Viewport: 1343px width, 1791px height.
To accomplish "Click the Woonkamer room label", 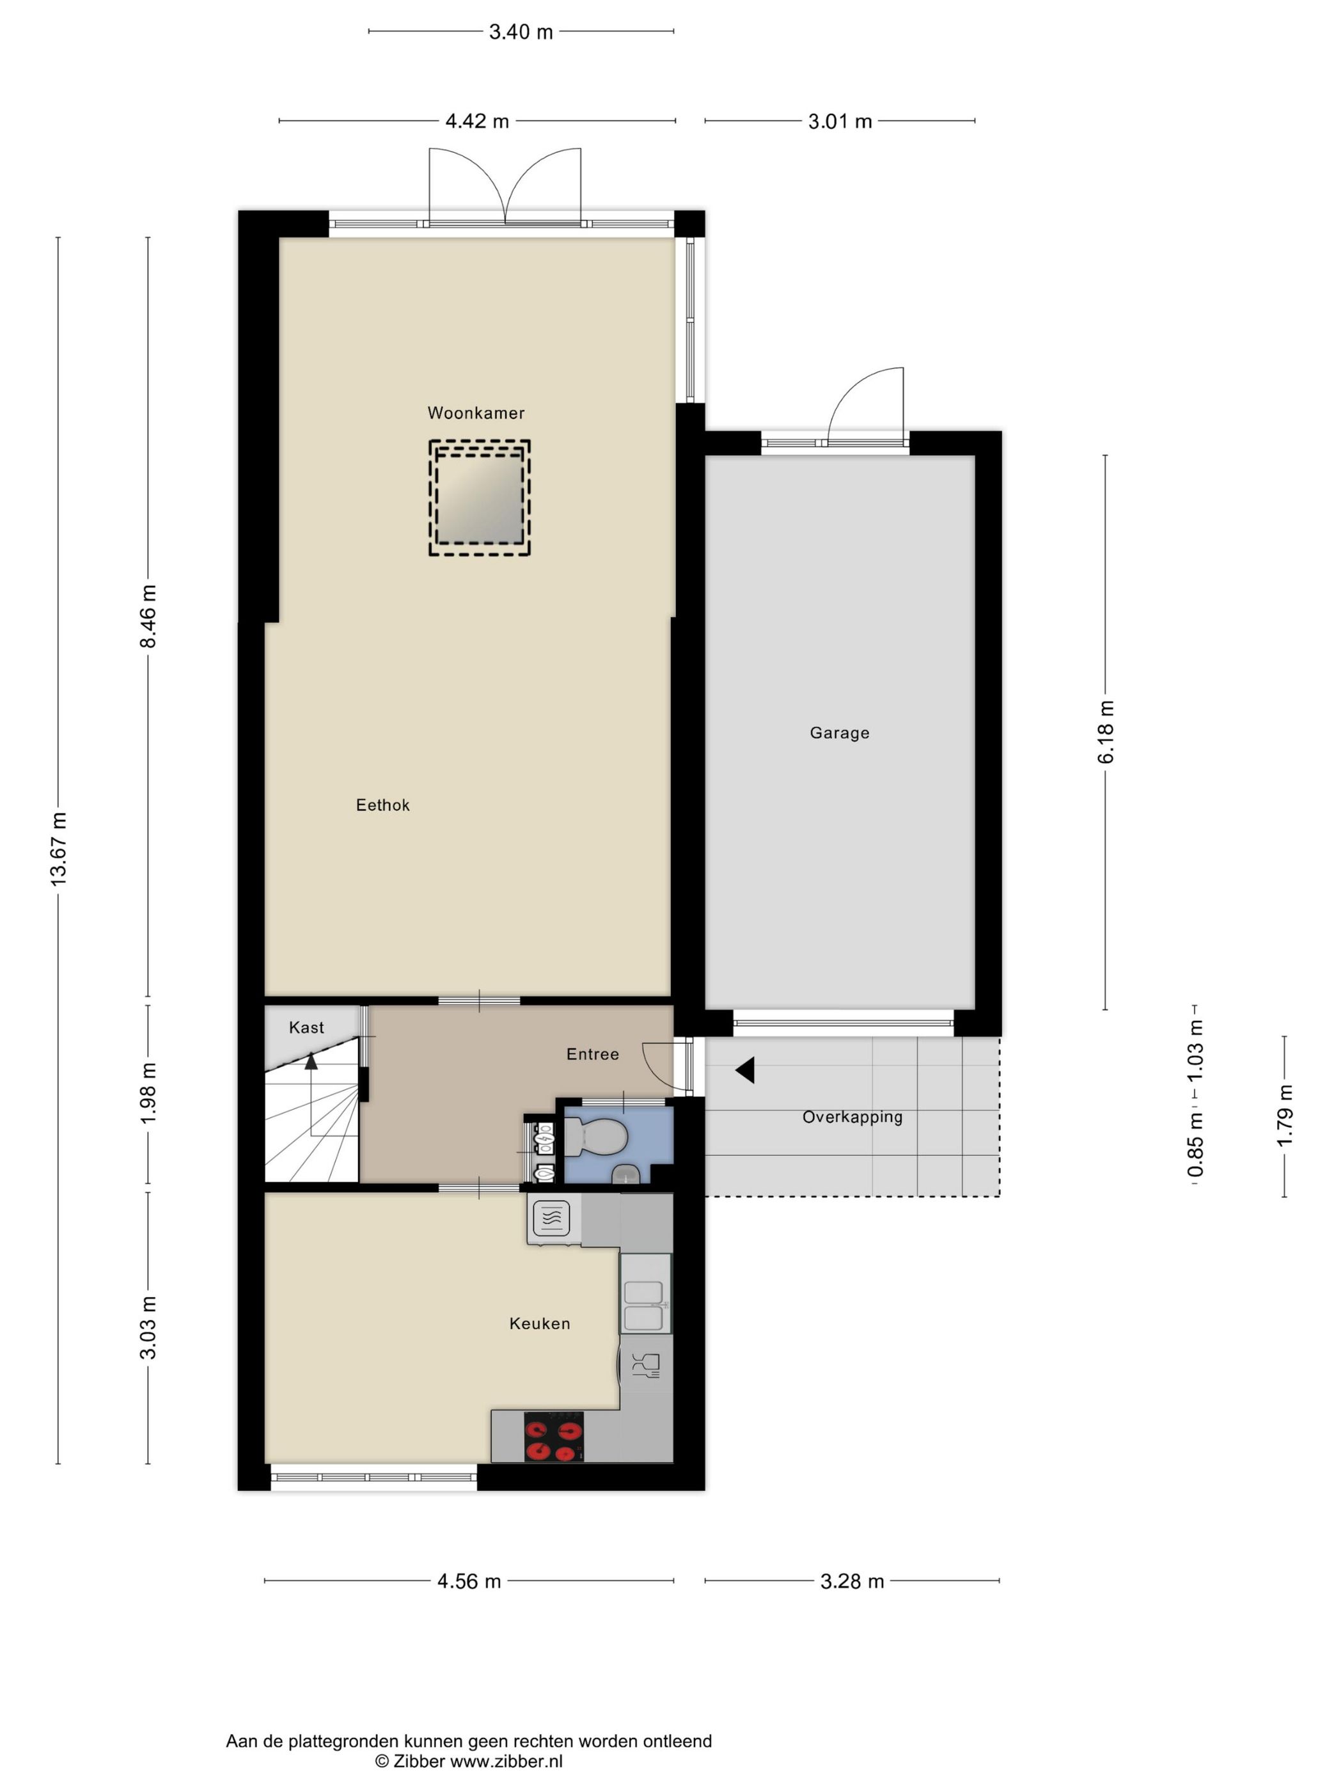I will (475, 413).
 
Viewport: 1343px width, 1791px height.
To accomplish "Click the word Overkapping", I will (852, 1117).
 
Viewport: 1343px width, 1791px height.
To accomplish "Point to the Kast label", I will (306, 1027).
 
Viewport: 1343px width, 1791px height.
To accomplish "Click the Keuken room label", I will (539, 1323).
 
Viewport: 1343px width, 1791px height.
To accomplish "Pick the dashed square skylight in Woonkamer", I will (478, 497).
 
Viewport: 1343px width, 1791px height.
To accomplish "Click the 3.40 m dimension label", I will (521, 31).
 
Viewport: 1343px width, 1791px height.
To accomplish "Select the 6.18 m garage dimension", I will (1106, 732).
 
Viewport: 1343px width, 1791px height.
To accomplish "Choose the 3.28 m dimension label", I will (852, 1581).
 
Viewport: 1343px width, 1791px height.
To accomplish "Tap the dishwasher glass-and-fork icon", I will (645, 1364).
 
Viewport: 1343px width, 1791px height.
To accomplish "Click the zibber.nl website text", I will (506, 1761).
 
